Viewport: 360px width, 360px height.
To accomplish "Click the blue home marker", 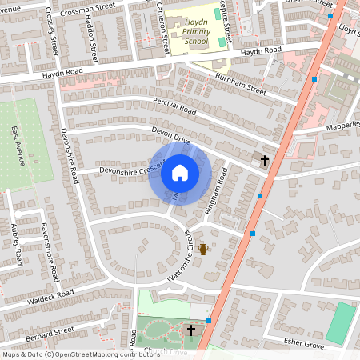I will (179, 173).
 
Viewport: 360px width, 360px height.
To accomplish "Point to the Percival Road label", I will (174, 107).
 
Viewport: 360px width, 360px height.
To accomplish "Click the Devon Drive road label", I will (170, 134).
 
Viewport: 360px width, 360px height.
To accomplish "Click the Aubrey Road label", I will (17, 245).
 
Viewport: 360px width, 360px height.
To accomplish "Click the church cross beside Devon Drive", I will (264, 161).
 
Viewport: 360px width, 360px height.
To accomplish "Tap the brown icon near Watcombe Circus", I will (203, 250).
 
